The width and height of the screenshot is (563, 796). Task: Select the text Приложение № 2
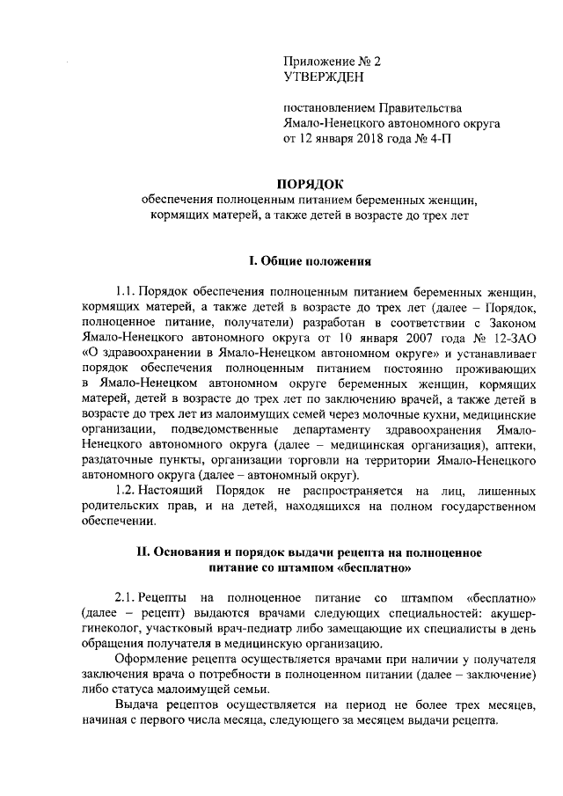coord(333,62)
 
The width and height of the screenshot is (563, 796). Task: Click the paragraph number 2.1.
coord(128,599)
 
